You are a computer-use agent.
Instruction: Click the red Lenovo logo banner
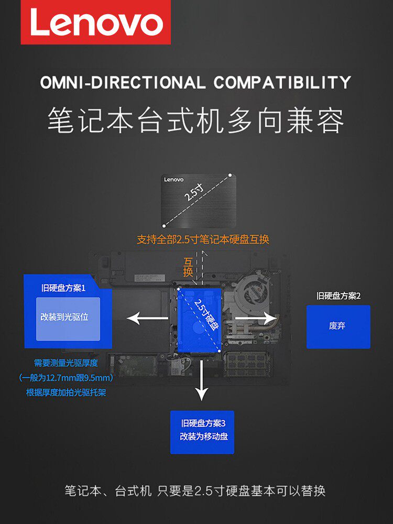96,23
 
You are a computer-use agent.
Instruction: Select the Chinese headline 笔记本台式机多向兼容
196,121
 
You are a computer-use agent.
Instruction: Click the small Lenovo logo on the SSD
174,180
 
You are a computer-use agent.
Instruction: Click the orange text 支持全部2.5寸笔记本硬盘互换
203,239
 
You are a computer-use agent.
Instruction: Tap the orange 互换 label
188,267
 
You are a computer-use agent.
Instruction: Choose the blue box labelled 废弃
338,326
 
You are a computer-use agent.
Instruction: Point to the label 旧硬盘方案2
339,296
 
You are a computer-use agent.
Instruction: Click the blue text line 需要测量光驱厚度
66,363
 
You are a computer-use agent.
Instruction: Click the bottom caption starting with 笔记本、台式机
195,491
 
